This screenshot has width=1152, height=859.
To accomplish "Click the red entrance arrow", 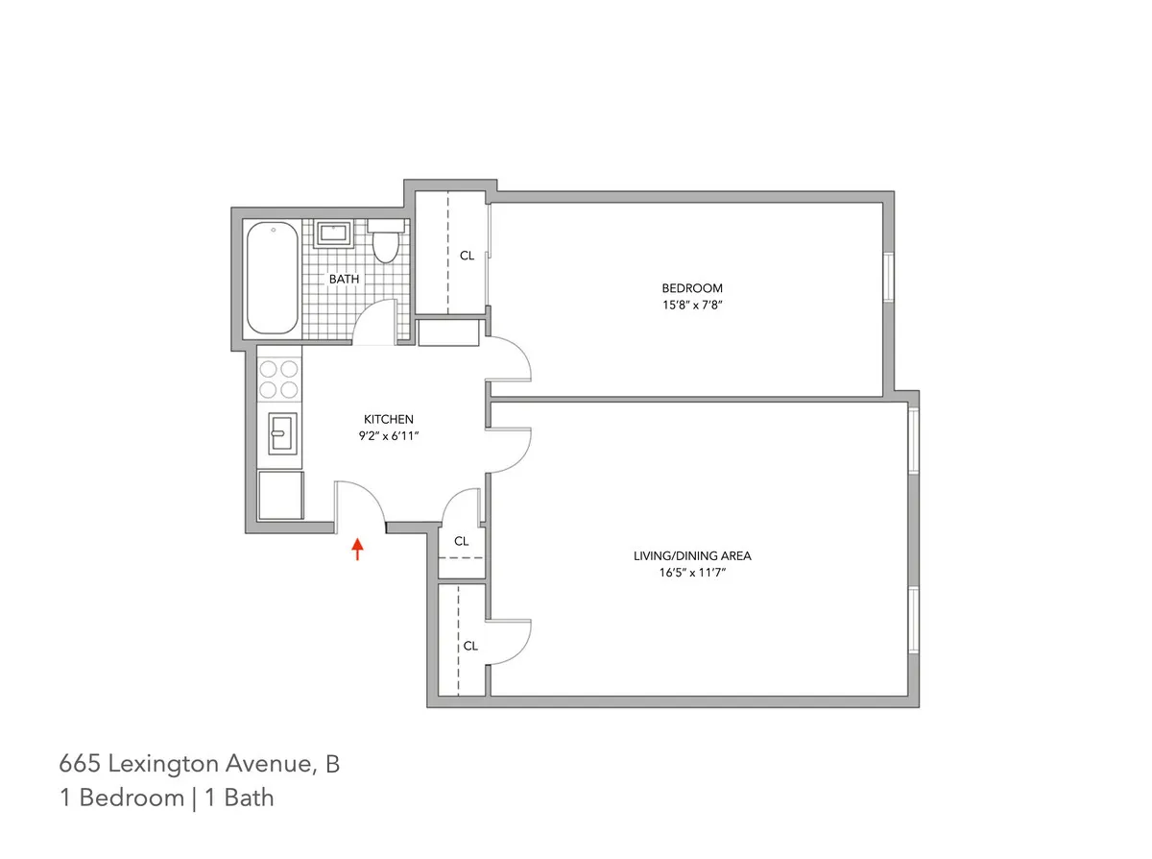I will (357, 550).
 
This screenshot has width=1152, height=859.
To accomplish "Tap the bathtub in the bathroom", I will (272, 278).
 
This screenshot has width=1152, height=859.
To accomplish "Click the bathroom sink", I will (334, 233).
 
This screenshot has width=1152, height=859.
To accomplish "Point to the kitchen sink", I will (280, 433).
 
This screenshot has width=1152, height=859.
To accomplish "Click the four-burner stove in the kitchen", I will (279, 378).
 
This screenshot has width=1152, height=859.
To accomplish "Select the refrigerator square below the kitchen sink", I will (280, 495).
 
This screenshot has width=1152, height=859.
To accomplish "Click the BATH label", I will (344, 280).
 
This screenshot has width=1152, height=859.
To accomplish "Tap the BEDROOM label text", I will (691, 288).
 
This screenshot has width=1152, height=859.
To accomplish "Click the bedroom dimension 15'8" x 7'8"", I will (691, 305).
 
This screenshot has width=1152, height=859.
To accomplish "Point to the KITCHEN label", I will (388, 419).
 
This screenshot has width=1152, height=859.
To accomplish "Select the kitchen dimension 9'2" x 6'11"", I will (388, 435).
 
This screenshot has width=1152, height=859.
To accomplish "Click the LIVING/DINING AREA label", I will (692, 555).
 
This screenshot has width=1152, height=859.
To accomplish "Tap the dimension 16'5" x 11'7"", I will (692, 572).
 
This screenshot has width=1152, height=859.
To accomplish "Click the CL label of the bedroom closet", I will (468, 256).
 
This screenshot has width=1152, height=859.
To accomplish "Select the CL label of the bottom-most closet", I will (470, 646).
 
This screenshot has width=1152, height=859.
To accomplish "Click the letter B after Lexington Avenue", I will (332, 765).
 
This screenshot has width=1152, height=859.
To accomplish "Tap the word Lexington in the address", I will (153, 765).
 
